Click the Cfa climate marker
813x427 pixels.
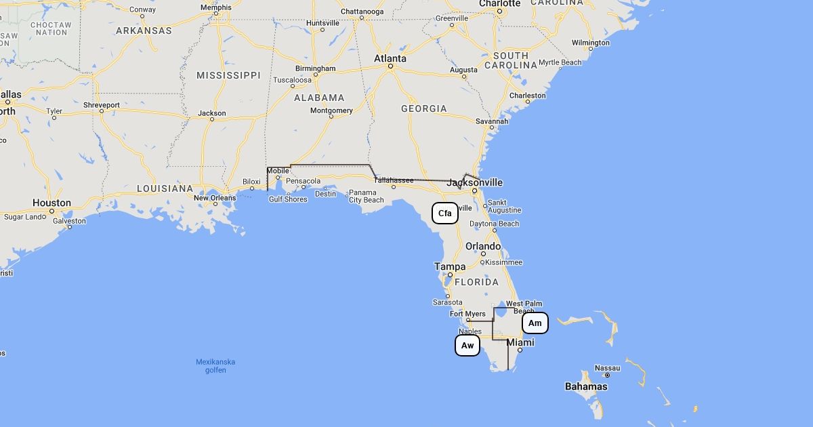pos(445,213)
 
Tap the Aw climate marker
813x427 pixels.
pos(467,346)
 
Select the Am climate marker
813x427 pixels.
pos(535,323)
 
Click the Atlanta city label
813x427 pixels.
pos(390,59)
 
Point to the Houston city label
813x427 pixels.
pos(51,203)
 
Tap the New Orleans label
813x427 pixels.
pos(215,198)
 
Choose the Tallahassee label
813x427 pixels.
pos(394,180)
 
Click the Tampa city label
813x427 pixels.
pos(450,267)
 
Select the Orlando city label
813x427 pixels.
pos(483,247)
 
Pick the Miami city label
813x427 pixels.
pos(520,343)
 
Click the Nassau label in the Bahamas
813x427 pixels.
pos(607,368)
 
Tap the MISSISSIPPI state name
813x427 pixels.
pos(228,75)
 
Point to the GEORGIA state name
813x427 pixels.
pos(424,108)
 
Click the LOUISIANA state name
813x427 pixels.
pos(165,188)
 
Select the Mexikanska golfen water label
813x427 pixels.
pos(215,365)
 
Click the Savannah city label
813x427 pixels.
pos(492,121)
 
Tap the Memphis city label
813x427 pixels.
pos(216,8)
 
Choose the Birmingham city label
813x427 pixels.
pos(315,68)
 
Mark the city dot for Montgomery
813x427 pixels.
pos(331,117)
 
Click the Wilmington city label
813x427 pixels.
pos(591,43)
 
